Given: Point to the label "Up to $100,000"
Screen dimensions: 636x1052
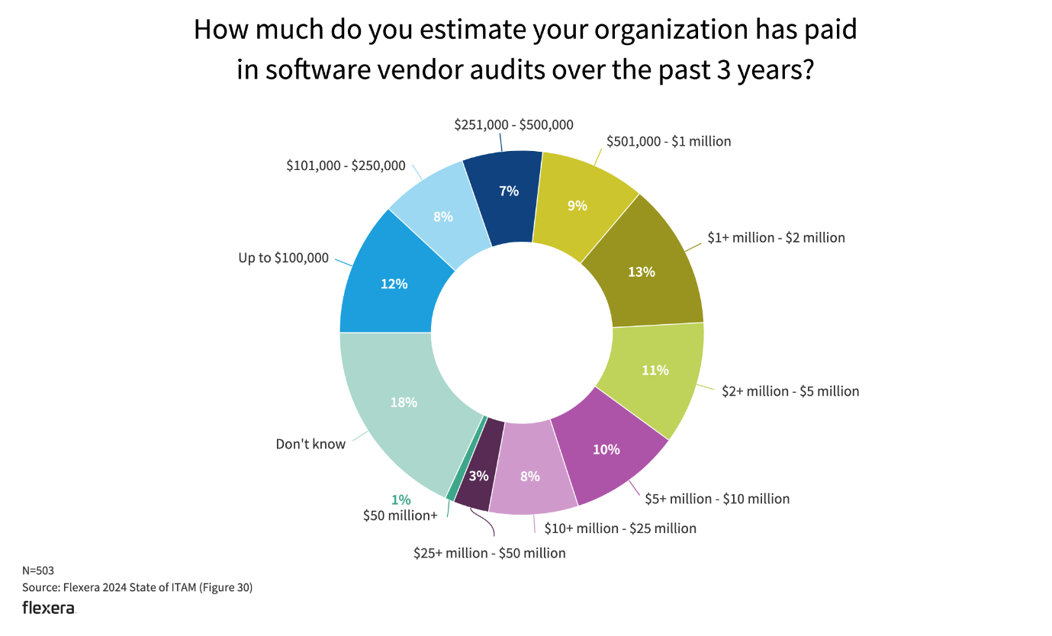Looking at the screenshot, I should click(283, 258).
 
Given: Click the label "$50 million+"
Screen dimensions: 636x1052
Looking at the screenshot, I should click(401, 516).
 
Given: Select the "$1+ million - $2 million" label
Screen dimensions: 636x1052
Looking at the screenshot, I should click(777, 238).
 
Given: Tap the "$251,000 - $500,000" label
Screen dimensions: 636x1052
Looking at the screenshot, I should click(513, 125).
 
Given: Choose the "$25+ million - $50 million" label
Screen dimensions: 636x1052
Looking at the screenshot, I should click(490, 553).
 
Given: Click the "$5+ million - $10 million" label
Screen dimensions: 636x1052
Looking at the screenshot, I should click(717, 499).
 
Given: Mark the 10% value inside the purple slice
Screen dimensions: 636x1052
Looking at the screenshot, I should click(606, 450).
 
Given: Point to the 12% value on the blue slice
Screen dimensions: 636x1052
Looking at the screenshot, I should click(394, 284).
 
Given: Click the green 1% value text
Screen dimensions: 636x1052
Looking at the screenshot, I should click(401, 499).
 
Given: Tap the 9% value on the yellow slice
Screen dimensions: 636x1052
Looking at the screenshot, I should click(577, 205).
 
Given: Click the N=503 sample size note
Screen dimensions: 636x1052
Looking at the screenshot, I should click(38, 570).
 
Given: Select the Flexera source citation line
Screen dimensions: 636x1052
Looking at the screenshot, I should click(137, 587).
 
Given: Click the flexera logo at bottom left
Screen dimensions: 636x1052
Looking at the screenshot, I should click(49, 608).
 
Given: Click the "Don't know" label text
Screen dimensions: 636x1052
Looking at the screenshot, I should click(310, 444).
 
